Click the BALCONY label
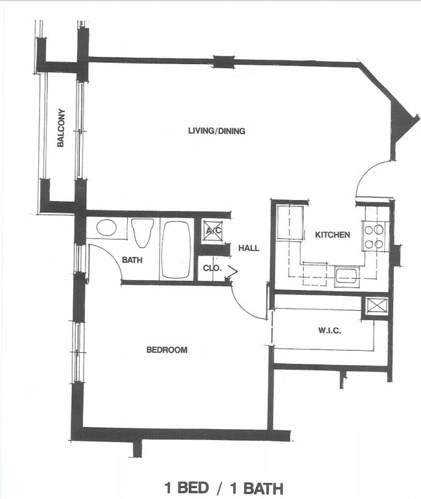click(x=60, y=128)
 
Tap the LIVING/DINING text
click(x=216, y=131)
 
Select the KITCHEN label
click(x=332, y=235)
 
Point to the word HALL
click(x=248, y=248)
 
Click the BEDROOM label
click(x=166, y=350)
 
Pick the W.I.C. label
click(x=330, y=331)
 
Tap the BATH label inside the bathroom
click(x=131, y=260)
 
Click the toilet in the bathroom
click(x=142, y=232)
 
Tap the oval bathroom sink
click(x=106, y=228)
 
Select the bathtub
click(x=176, y=249)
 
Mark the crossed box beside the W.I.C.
click(x=376, y=306)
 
